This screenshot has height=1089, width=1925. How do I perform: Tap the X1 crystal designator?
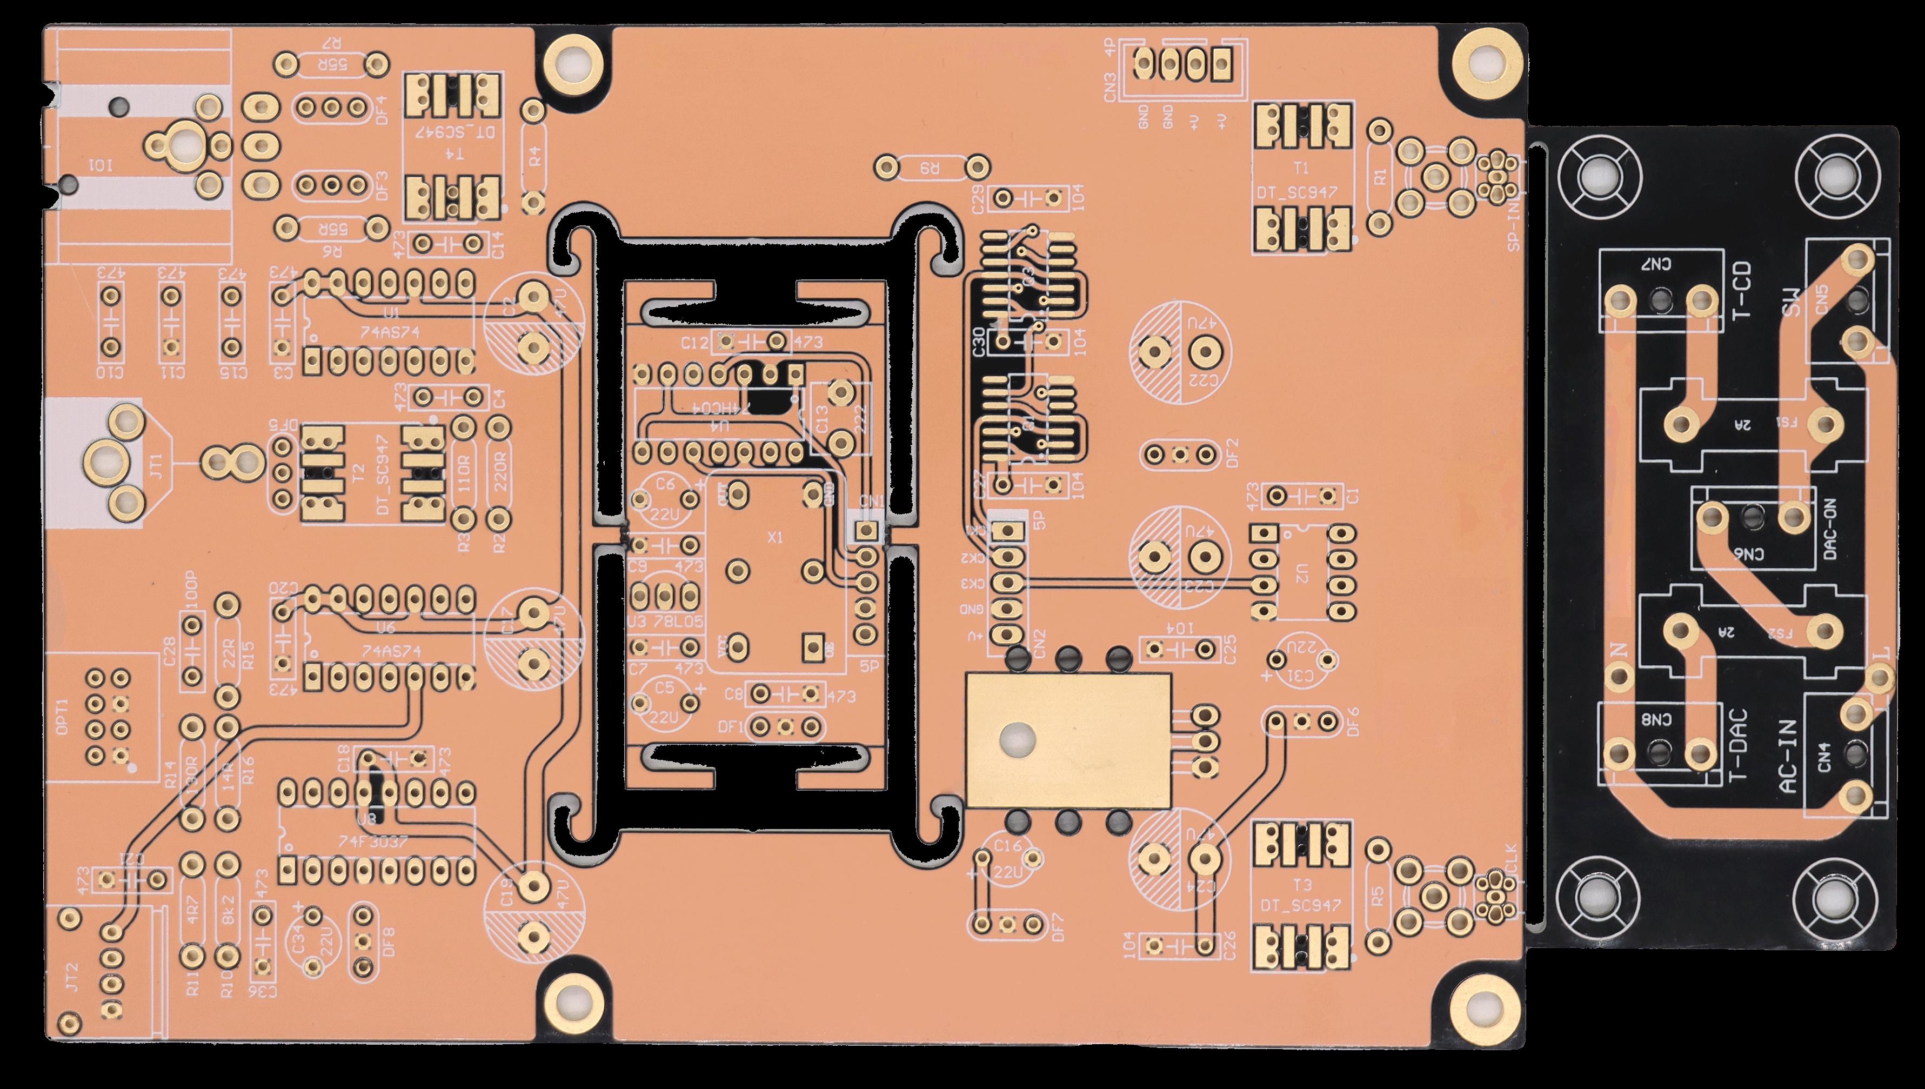[776, 537]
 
